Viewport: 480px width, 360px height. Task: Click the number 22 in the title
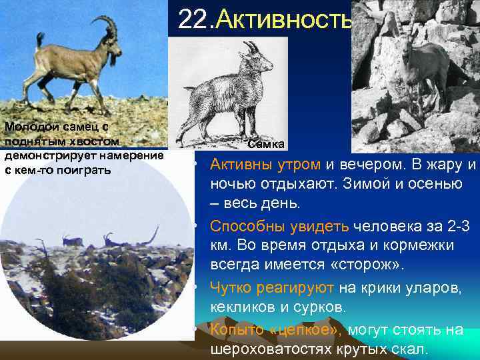coord(193,19)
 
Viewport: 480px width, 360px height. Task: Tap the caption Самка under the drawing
coord(266,144)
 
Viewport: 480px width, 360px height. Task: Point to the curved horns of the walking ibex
coord(104,28)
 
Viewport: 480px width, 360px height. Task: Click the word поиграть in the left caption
coord(85,169)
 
